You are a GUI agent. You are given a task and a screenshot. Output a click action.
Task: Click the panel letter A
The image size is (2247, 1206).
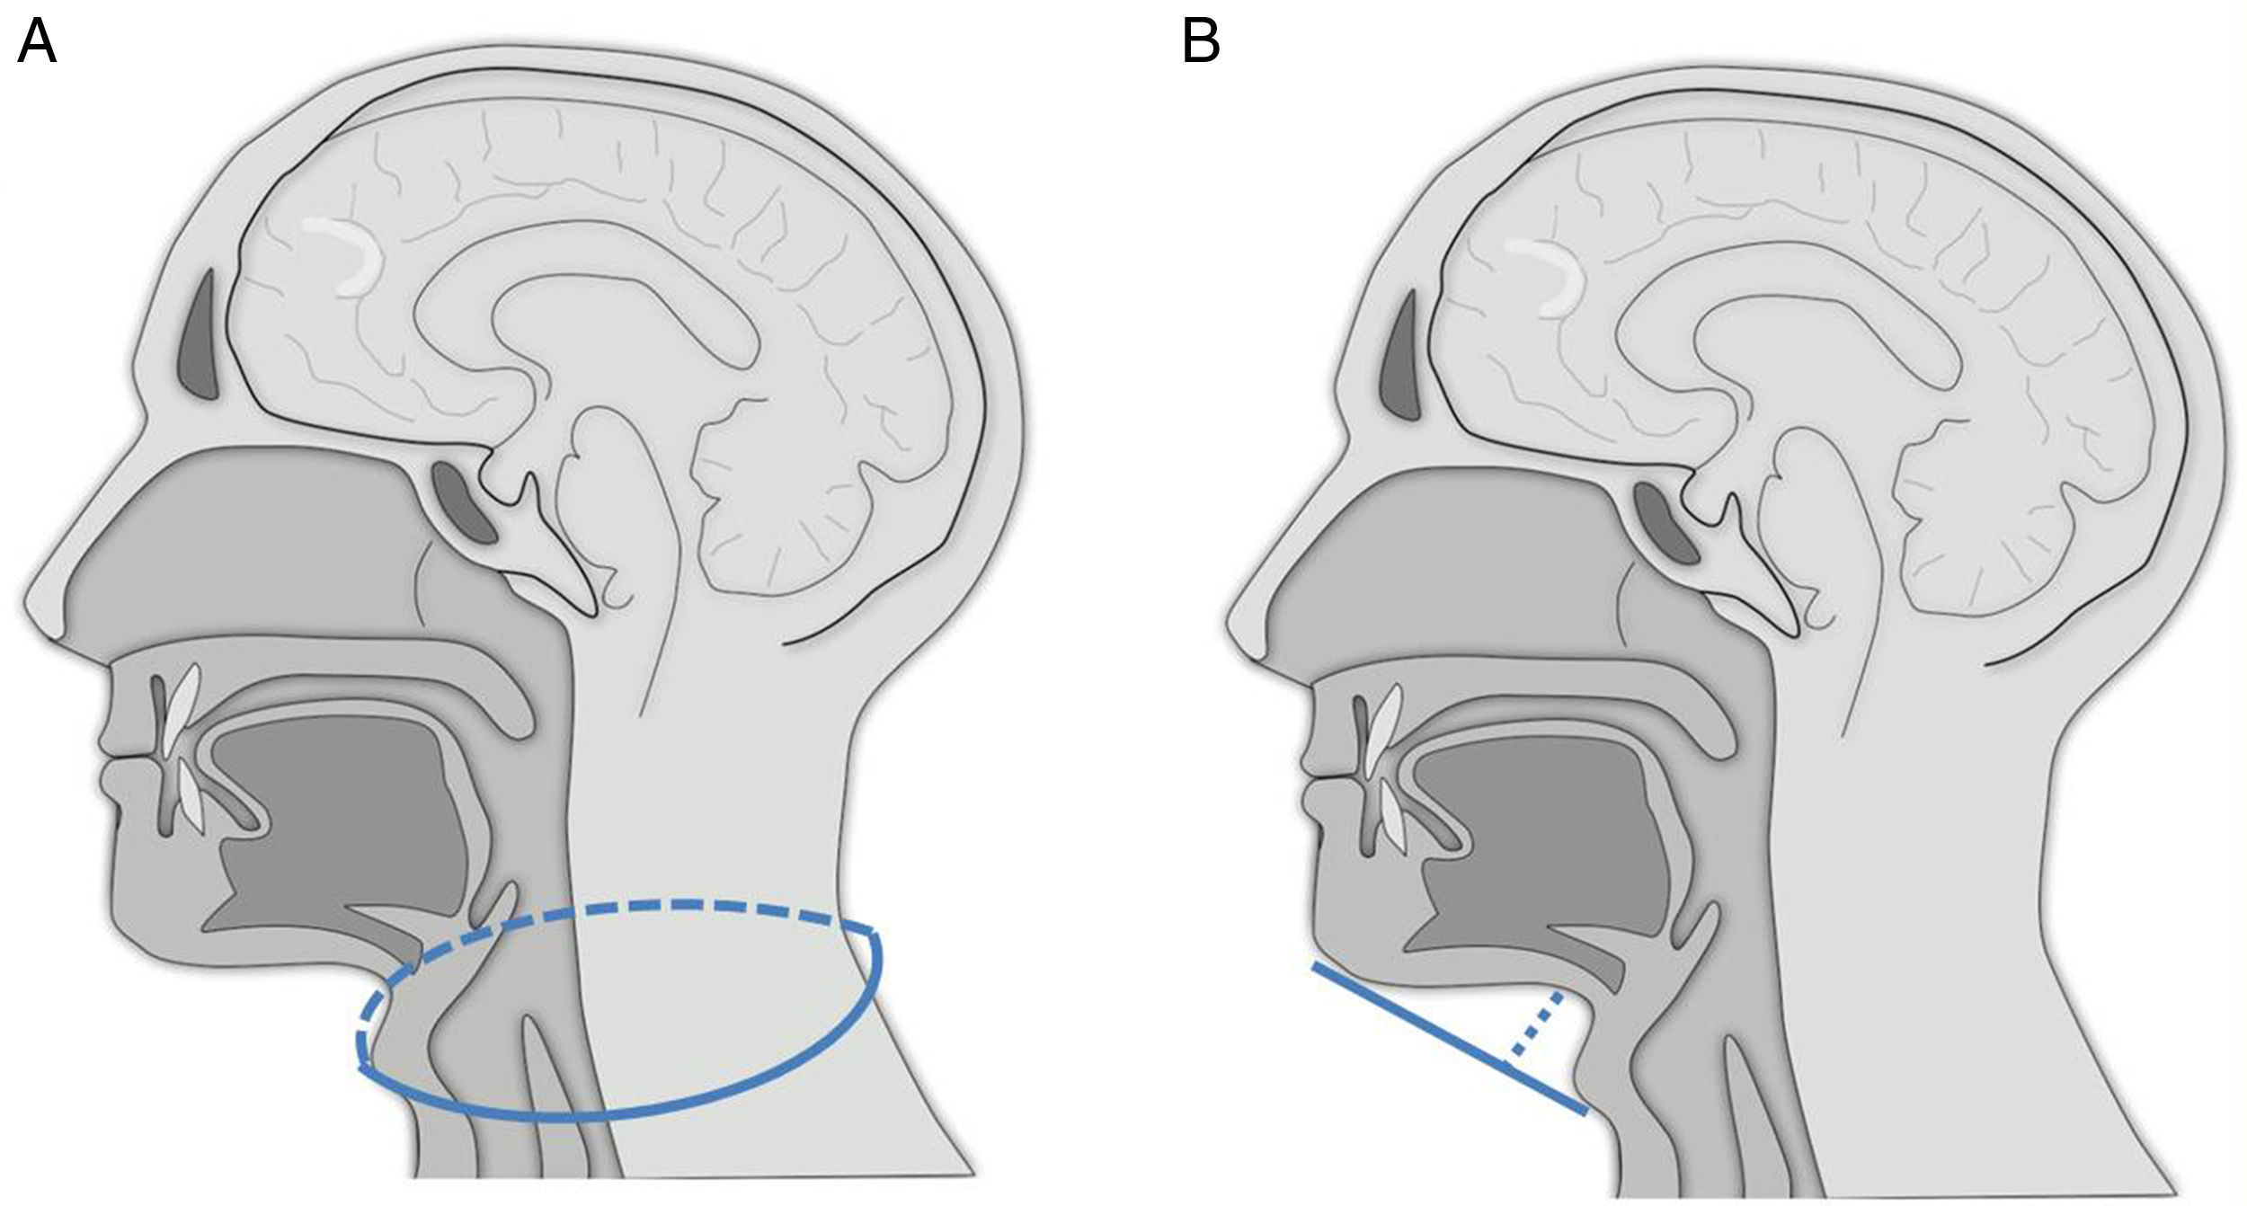37,42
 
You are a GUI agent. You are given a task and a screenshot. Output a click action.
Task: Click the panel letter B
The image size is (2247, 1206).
1201,42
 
